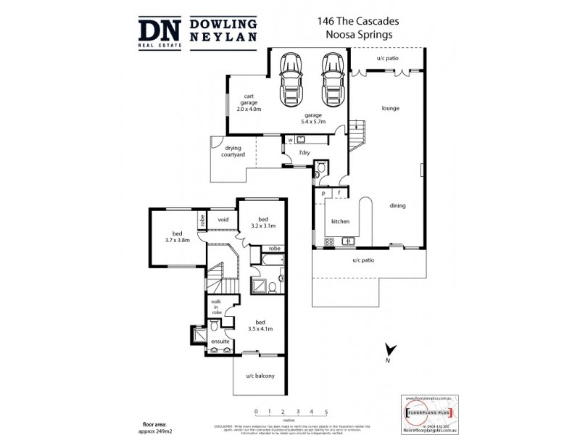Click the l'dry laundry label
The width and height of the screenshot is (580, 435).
[x=305, y=152]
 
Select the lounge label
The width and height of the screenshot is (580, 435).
[x=391, y=109]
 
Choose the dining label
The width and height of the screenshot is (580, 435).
[x=397, y=206]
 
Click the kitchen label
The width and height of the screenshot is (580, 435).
[x=341, y=221]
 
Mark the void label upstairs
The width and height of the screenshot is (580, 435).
[x=223, y=219]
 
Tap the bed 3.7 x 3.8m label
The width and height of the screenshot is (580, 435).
[x=176, y=236]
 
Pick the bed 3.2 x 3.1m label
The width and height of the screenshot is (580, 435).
[x=265, y=223]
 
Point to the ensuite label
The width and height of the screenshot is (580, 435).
[x=220, y=340]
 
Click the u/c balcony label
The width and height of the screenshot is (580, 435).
[x=259, y=376]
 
